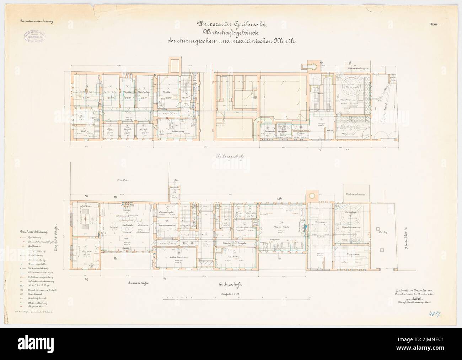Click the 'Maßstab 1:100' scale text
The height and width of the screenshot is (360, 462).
tap(231, 294)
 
